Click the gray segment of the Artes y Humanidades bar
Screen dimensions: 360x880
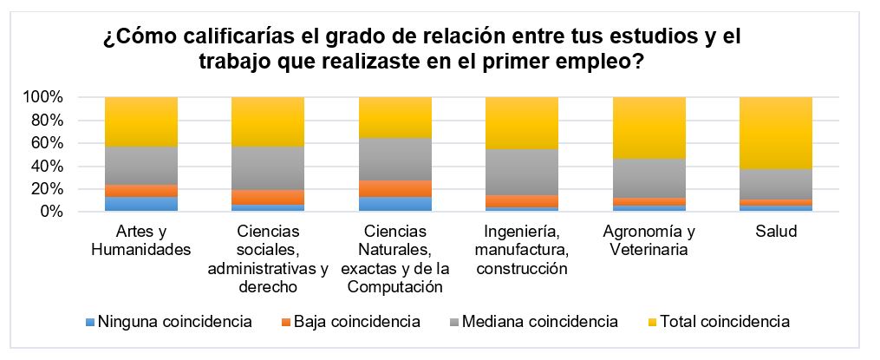point(141,165)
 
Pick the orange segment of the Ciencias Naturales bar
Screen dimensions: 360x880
point(394,188)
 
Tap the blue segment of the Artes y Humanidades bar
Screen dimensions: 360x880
point(141,204)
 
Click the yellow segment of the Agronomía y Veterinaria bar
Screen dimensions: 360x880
point(649,128)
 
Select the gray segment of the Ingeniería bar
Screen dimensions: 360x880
point(521,172)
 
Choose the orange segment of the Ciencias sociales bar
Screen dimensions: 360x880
point(268,197)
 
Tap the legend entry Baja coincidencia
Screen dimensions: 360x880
point(350,322)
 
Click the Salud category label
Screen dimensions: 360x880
point(775,232)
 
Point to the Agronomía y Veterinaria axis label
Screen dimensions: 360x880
point(649,241)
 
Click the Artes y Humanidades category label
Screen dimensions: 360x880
point(141,241)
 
